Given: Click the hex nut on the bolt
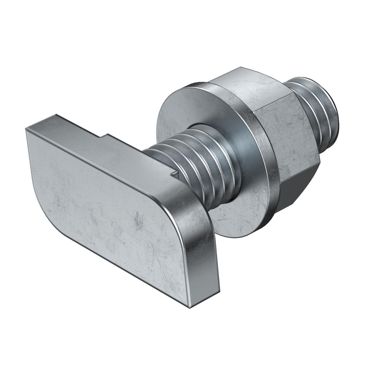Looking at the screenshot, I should (277, 128).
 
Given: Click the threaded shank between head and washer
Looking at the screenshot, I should (197, 161).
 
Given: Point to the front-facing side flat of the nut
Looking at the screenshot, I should (292, 135).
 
